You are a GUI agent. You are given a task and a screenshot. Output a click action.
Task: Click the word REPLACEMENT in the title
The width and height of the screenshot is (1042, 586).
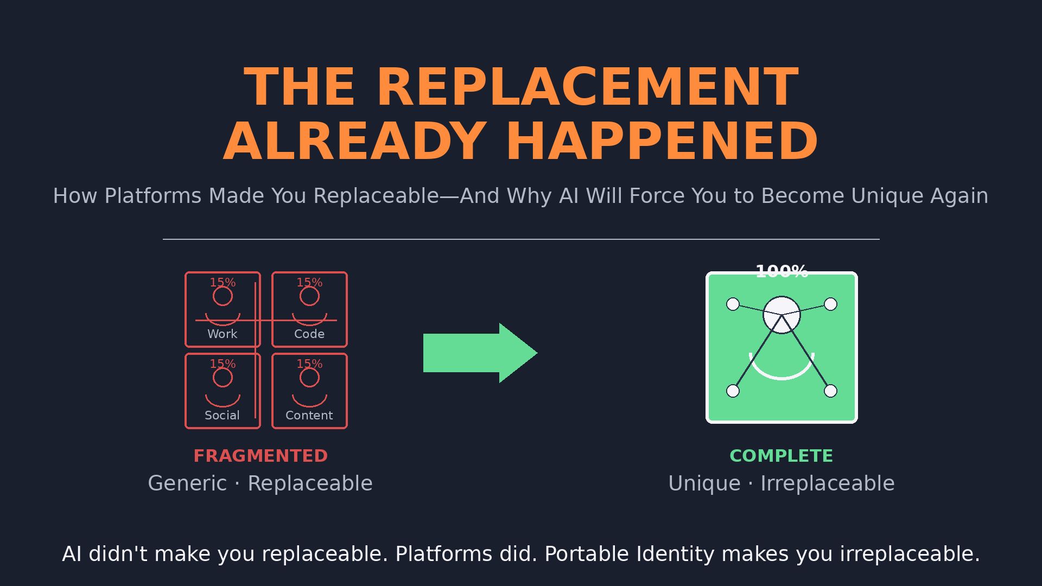click(x=587, y=87)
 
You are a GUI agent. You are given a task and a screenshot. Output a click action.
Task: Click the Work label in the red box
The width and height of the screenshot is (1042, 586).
click(x=223, y=334)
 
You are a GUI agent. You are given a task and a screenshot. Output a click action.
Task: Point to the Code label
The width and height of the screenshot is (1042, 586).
click(x=309, y=334)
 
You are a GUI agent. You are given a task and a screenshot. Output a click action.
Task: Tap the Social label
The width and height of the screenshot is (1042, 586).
click(x=223, y=416)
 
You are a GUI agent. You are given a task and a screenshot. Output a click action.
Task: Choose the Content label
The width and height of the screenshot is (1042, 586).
click(x=309, y=416)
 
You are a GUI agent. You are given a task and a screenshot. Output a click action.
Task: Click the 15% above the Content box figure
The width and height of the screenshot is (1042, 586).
click(x=309, y=364)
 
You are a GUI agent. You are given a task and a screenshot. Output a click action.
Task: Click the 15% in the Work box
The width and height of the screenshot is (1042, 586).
click(x=223, y=283)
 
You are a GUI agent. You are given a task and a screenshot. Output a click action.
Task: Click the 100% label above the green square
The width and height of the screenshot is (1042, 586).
click(x=781, y=271)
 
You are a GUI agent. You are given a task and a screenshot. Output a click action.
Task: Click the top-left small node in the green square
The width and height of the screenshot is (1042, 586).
click(x=733, y=304)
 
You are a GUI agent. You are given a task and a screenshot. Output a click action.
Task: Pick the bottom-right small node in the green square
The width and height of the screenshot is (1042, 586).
click(x=830, y=391)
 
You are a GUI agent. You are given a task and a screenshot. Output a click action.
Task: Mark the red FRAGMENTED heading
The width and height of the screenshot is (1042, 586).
click(x=260, y=456)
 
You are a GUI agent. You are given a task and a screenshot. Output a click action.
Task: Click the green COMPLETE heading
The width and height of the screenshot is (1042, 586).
click(x=781, y=456)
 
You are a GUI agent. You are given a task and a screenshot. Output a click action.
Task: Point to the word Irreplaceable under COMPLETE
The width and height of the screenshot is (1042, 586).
click(x=827, y=483)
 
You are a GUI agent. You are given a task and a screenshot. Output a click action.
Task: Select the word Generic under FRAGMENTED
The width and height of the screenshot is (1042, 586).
click(x=187, y=483)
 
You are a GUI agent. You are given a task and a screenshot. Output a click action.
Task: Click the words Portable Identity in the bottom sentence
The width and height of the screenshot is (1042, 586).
click(x=629, y=554)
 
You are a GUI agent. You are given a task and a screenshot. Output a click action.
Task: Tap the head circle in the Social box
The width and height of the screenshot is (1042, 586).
click(x=223, y=378)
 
